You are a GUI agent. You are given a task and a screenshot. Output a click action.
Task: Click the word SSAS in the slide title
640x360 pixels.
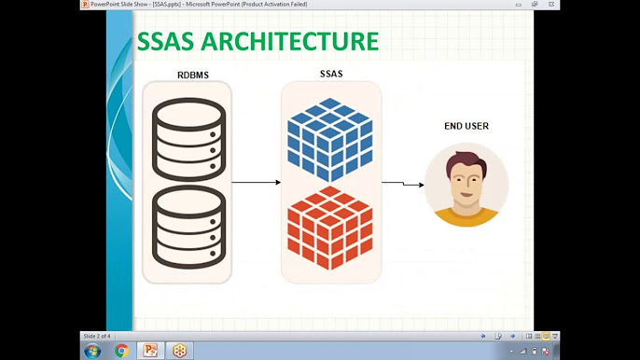[169, 42]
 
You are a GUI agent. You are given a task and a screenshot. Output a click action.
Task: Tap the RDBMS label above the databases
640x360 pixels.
[192, 75]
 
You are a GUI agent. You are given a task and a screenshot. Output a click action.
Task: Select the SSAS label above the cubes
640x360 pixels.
[330, 73]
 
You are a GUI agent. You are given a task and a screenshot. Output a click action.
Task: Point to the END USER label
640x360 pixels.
[466, 126]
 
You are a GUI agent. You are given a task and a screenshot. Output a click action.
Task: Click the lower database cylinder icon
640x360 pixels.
[188, 228]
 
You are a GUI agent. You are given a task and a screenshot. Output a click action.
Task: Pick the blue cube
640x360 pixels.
[330, 141]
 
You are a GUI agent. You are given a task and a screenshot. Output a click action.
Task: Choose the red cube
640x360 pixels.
[330, 229]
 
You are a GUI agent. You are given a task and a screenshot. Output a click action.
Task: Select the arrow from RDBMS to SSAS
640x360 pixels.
[256, 183]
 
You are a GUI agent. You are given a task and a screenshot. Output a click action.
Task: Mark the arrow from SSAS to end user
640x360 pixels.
[402, 184]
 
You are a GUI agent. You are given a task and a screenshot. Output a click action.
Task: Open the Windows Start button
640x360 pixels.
[92, 351]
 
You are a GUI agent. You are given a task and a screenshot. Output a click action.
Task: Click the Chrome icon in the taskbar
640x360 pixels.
[121, 351]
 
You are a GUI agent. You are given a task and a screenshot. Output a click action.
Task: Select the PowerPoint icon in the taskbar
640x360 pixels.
[148, 351]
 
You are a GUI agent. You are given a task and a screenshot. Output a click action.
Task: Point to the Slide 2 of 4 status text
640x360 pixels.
[97, 336]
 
